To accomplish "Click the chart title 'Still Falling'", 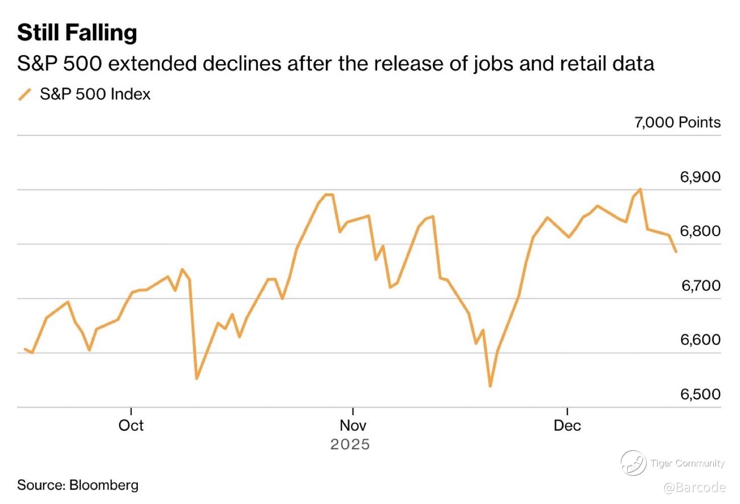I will click(x=77, y=33).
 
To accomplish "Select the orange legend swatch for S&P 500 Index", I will click(x=25, y=94).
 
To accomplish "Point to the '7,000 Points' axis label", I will click(x=677, y=122).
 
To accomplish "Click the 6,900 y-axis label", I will click(x=700, y=177).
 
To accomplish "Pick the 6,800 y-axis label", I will click(x=700, y=231).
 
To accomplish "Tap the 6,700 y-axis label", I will click(x=700, y=286).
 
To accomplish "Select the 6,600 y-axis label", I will click(x=700, y=340).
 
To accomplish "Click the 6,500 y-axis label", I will click(x=700, y=395).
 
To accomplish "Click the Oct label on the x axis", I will click(x=131, y=426).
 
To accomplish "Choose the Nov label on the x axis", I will click(x=353, y=426).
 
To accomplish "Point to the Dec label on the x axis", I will click(x=567, y=426).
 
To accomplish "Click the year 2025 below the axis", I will click(x=350, y=445).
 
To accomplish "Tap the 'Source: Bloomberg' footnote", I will click(x=78, y=485).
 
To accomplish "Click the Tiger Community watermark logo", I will click(x=633, y=463).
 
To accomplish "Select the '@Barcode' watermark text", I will click(x=694, y=487).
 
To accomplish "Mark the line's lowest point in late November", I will click(x=490, y=386).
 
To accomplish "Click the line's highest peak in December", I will click(x=640, y=189).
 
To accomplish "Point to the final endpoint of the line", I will click(x=676, y=251).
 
